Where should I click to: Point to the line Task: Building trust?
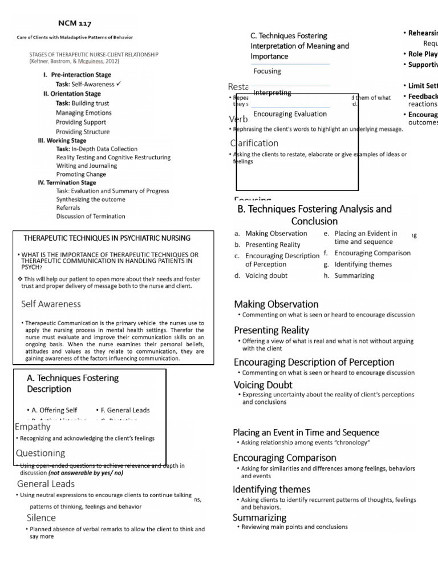coord(82,103)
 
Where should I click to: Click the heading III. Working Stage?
coord(62,141)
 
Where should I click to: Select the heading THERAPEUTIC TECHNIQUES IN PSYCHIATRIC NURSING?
coord(107,238)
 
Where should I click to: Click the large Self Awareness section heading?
coord(51,304)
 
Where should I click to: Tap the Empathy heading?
coord(33,426)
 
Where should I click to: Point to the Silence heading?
coord(41,518)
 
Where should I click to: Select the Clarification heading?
coord(254,143)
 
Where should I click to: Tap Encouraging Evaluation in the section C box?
coord(290,114)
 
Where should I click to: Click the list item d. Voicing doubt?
coord(261,275)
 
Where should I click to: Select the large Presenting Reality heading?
coord(271,330)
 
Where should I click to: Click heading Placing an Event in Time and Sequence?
coord(306,432)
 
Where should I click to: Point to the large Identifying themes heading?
coord(271,490)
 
